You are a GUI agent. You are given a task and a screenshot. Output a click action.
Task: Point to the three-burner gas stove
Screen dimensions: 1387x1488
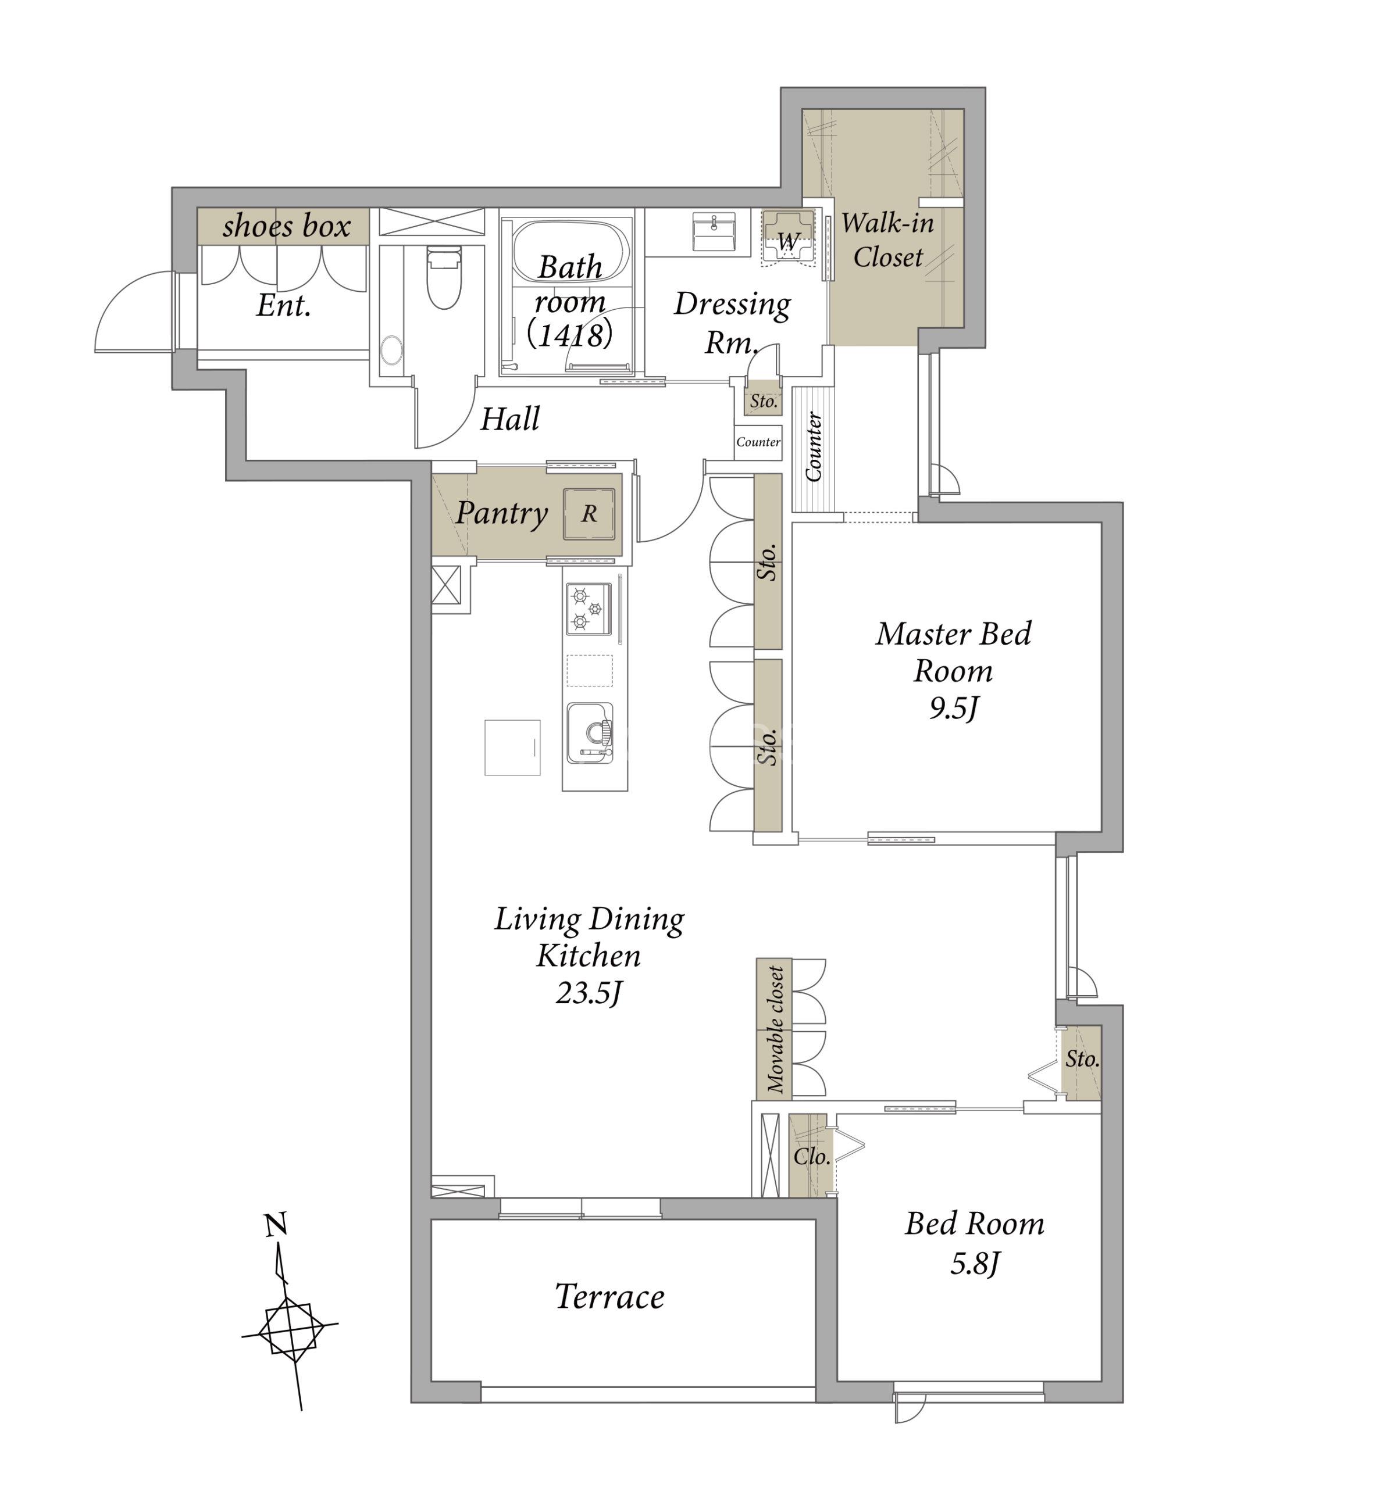588,609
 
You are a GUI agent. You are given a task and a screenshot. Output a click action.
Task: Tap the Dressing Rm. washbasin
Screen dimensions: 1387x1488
714,231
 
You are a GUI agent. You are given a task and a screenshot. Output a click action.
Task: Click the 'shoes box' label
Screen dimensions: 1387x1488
286,226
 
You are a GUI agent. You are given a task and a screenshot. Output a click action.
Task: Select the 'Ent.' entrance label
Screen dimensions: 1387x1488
284,305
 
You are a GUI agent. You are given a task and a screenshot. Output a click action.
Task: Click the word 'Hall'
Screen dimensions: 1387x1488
509,419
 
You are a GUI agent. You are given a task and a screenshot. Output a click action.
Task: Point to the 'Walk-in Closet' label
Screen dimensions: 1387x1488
887,239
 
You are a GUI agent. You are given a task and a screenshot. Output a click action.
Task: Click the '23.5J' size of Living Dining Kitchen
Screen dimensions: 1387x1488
589,993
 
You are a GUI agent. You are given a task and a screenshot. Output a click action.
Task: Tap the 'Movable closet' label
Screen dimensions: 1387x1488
775,1029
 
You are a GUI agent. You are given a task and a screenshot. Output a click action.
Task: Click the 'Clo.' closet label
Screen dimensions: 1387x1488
812,1157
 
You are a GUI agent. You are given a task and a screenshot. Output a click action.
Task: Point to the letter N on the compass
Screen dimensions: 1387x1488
276,1225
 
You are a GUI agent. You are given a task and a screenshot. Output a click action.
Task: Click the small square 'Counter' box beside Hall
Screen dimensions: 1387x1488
758,442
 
